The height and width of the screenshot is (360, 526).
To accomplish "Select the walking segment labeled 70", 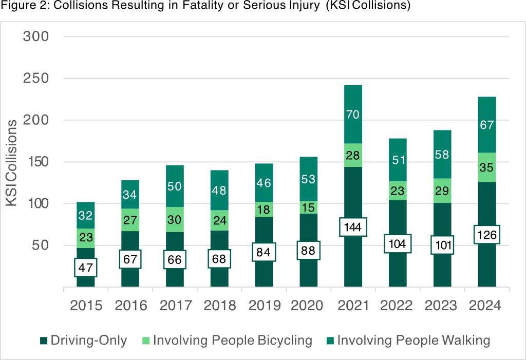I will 353,115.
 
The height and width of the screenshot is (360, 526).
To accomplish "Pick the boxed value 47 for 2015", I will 85,267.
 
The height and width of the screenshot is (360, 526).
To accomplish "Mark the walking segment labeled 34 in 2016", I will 130,195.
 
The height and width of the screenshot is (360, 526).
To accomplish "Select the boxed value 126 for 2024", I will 487,235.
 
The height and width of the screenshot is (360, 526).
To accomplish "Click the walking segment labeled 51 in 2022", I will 398,160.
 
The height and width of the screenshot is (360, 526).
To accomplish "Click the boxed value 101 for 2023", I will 442,245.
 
